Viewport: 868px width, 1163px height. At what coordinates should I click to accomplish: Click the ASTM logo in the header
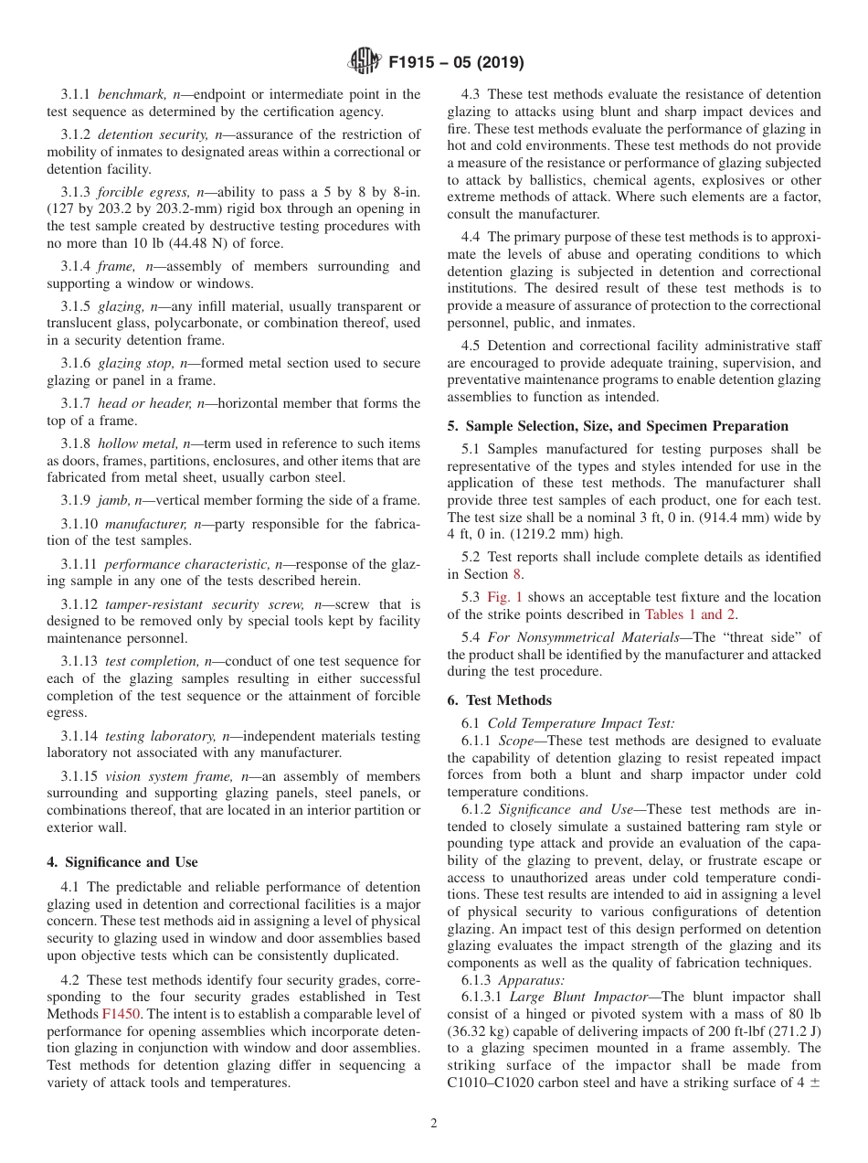(x=365, y=63)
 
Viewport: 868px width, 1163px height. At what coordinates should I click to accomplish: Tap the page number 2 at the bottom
(x=434, y=1124)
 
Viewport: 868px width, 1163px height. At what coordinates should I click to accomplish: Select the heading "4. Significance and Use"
(x=122, y=862)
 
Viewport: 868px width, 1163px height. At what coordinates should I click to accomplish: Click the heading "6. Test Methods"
(x=499, y=700)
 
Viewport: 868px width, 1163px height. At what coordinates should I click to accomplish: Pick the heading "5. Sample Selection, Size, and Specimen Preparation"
(x=618, y=426)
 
